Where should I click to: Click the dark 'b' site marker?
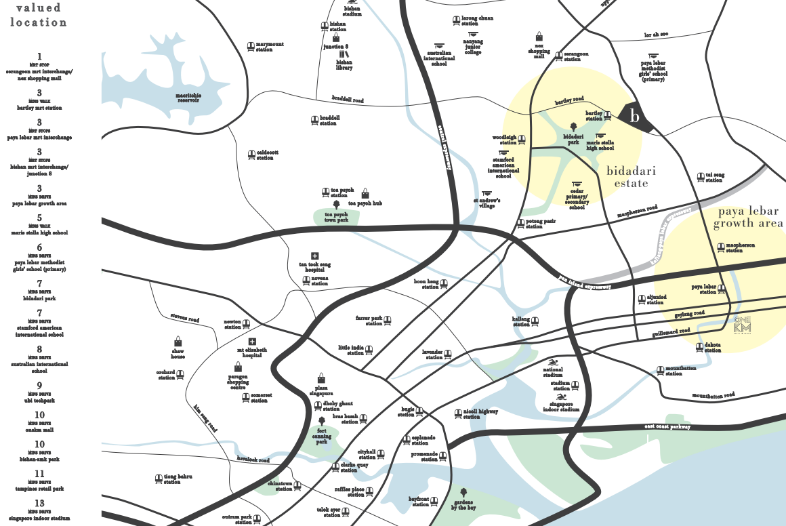tap(635, 117)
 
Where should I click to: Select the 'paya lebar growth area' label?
tap(747, 218)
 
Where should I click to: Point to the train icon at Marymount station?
tap(250, 46)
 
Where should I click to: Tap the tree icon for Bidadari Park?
tap(573, 126)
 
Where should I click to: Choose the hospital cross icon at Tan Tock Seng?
tap(314, 256)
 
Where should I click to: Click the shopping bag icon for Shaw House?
tap(178, 341)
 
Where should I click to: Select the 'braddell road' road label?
tap(348, 100)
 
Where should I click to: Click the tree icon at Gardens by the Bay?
tap(463, 491)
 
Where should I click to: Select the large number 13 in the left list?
tap(39, 503)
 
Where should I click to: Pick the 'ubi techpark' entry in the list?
tap(39, 400)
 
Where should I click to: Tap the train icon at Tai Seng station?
tap(701, 178)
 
